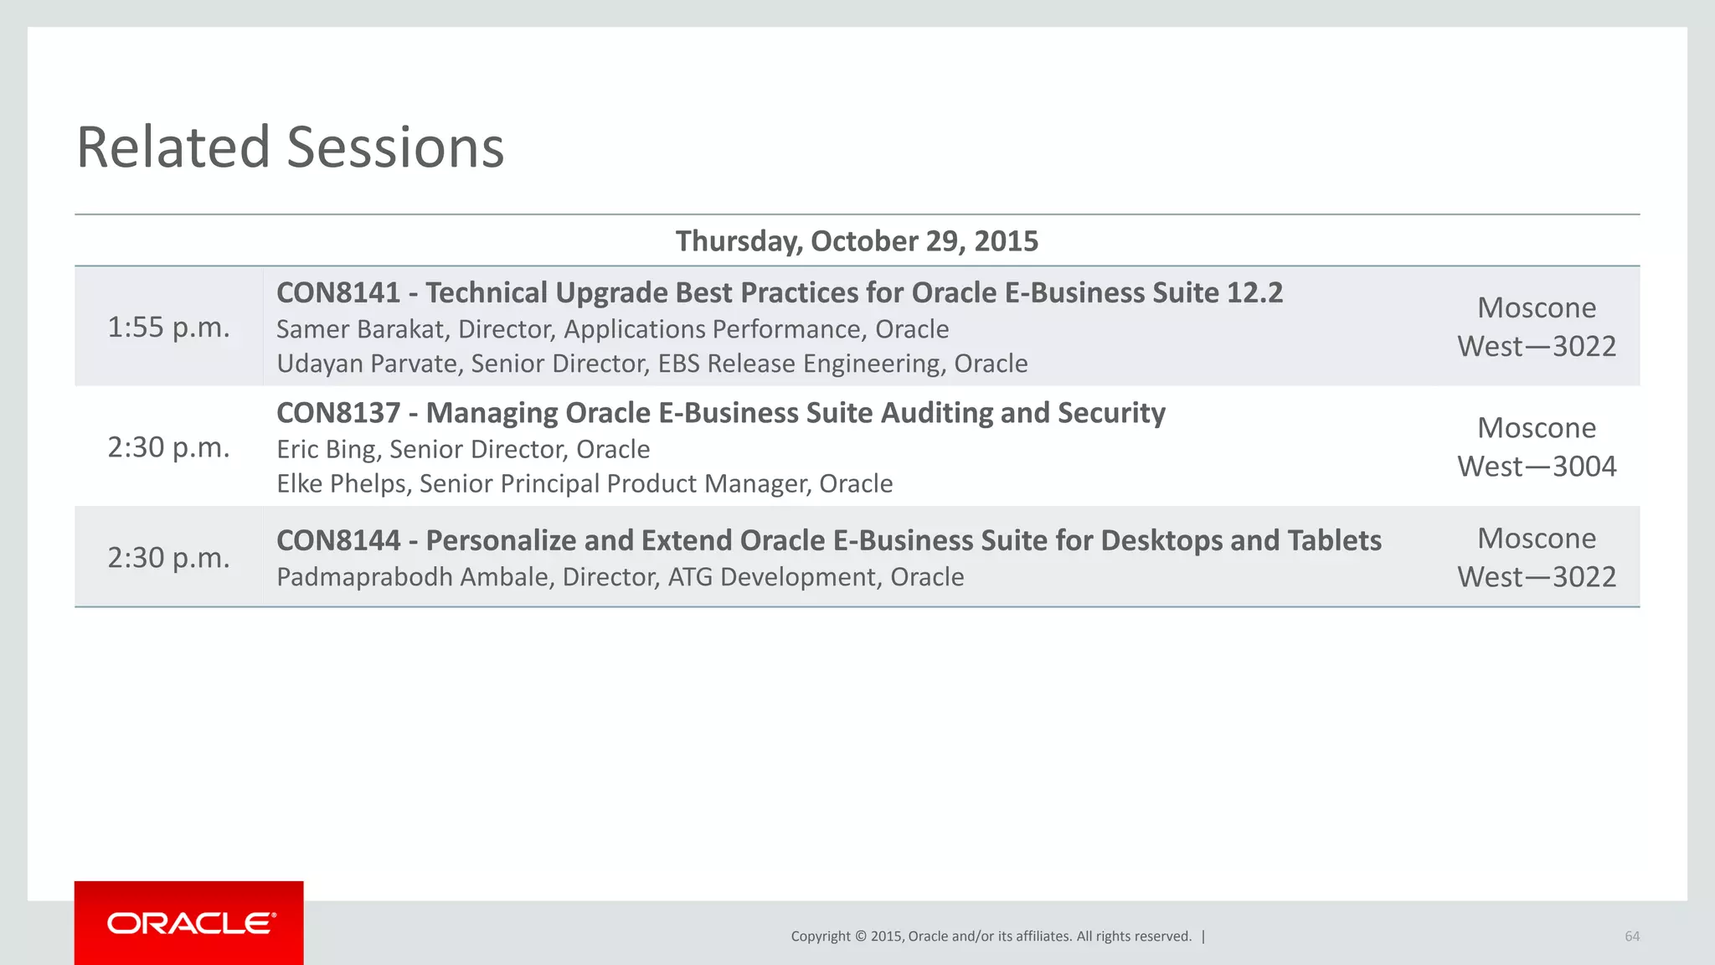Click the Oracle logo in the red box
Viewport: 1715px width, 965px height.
191,923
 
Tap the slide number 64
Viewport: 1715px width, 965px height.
1631,937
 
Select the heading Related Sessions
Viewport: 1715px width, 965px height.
290,147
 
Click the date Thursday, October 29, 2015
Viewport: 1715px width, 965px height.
857,241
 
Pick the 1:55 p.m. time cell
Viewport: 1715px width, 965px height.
168,328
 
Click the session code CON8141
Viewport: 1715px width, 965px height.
338,293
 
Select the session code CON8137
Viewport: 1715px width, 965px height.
338,413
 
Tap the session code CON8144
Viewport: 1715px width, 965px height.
338,541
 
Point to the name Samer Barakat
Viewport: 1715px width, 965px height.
359,329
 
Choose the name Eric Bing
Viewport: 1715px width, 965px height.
326,450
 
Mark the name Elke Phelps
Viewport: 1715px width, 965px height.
341,484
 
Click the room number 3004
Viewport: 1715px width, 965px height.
1584,467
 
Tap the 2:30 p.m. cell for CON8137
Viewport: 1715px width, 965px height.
168,447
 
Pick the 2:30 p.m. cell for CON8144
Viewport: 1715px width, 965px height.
168,558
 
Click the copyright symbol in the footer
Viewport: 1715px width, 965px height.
859,937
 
